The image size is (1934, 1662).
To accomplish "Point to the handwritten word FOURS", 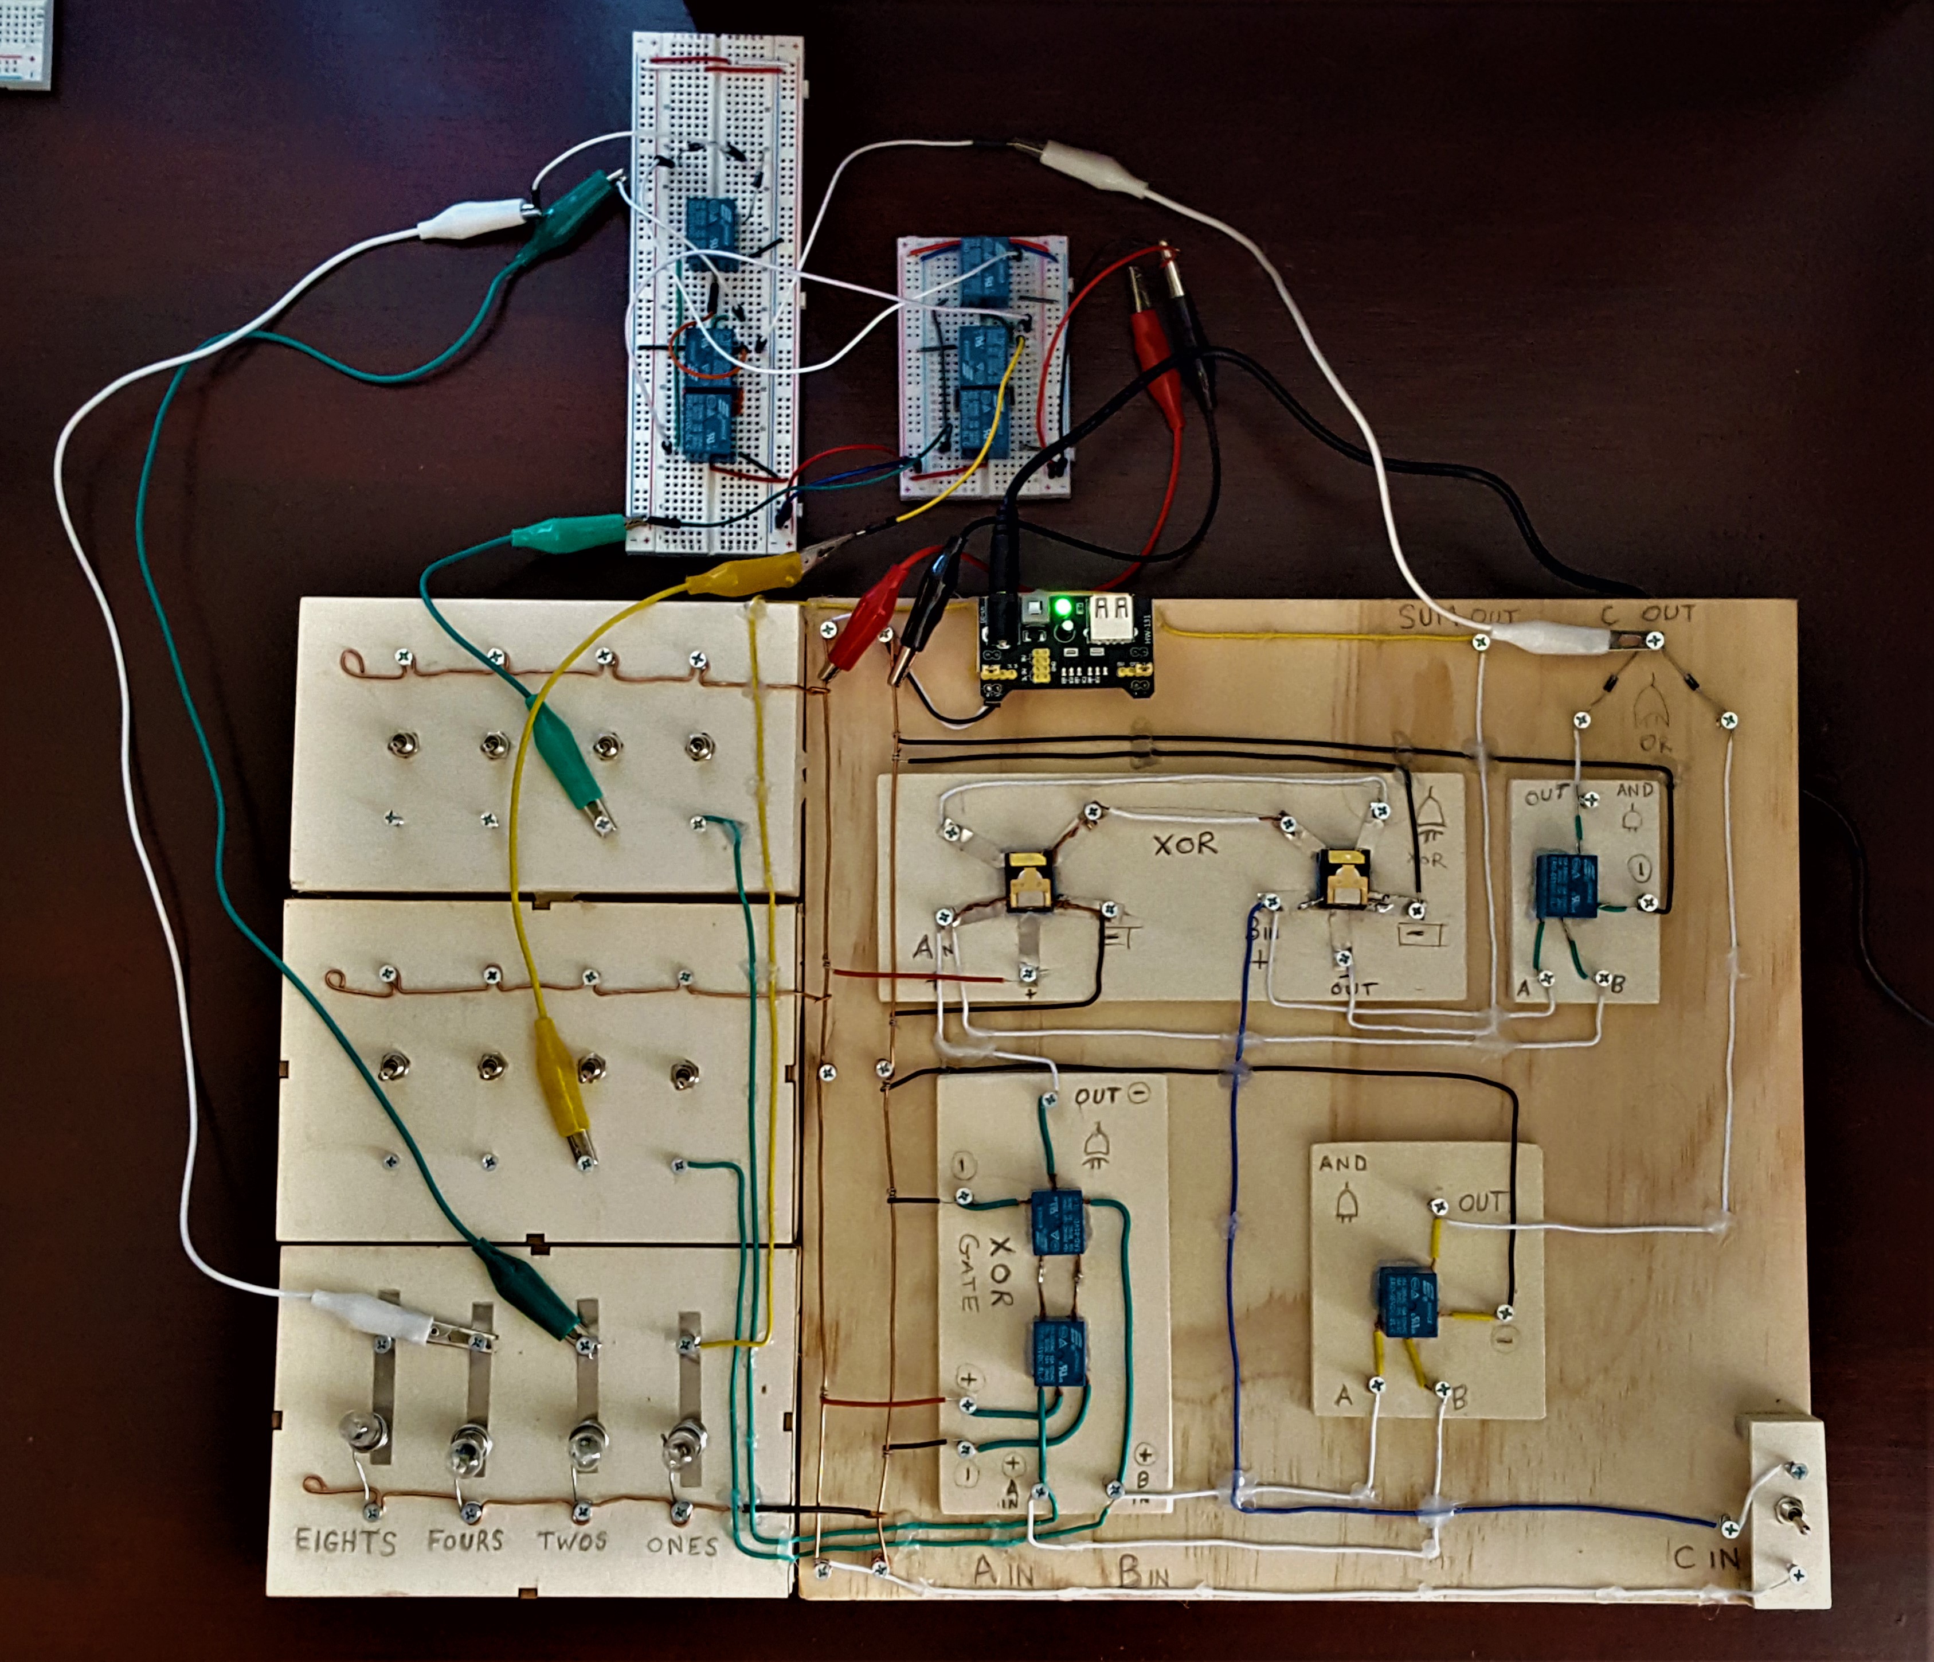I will tap(465, 1540).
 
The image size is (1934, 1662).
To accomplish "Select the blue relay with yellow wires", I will tap(1408, 1302).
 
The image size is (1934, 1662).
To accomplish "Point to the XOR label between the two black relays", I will tap(1184, 844).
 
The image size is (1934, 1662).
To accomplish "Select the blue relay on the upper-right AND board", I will tap(1566, 883).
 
